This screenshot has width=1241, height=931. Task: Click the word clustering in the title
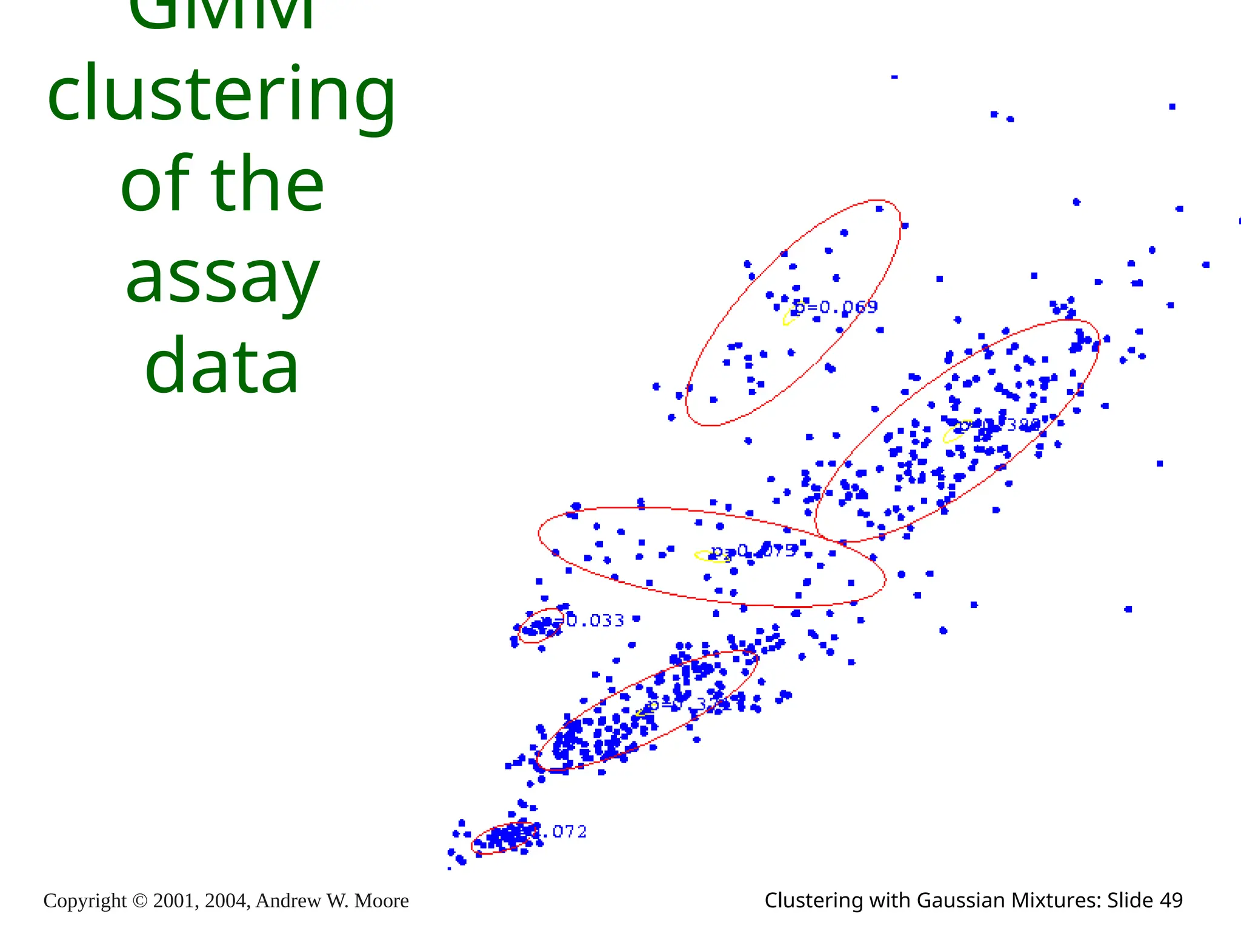(x=221, y=96)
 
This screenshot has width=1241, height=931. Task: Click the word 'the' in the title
(x=267, y=185)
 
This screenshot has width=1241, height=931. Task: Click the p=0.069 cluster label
(x=836, y=307)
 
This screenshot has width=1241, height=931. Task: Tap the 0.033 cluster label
(x=594, y=620)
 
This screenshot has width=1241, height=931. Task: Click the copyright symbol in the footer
(x=139, y=901)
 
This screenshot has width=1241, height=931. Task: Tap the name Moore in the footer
(x=381, y=901)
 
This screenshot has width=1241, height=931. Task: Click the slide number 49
(x=1171, y=901)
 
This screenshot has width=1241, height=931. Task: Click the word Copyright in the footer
(x=85, y=901)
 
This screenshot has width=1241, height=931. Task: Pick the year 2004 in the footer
(x=227, y=901)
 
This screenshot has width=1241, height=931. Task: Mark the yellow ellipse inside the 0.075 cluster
(x=710, y=556)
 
